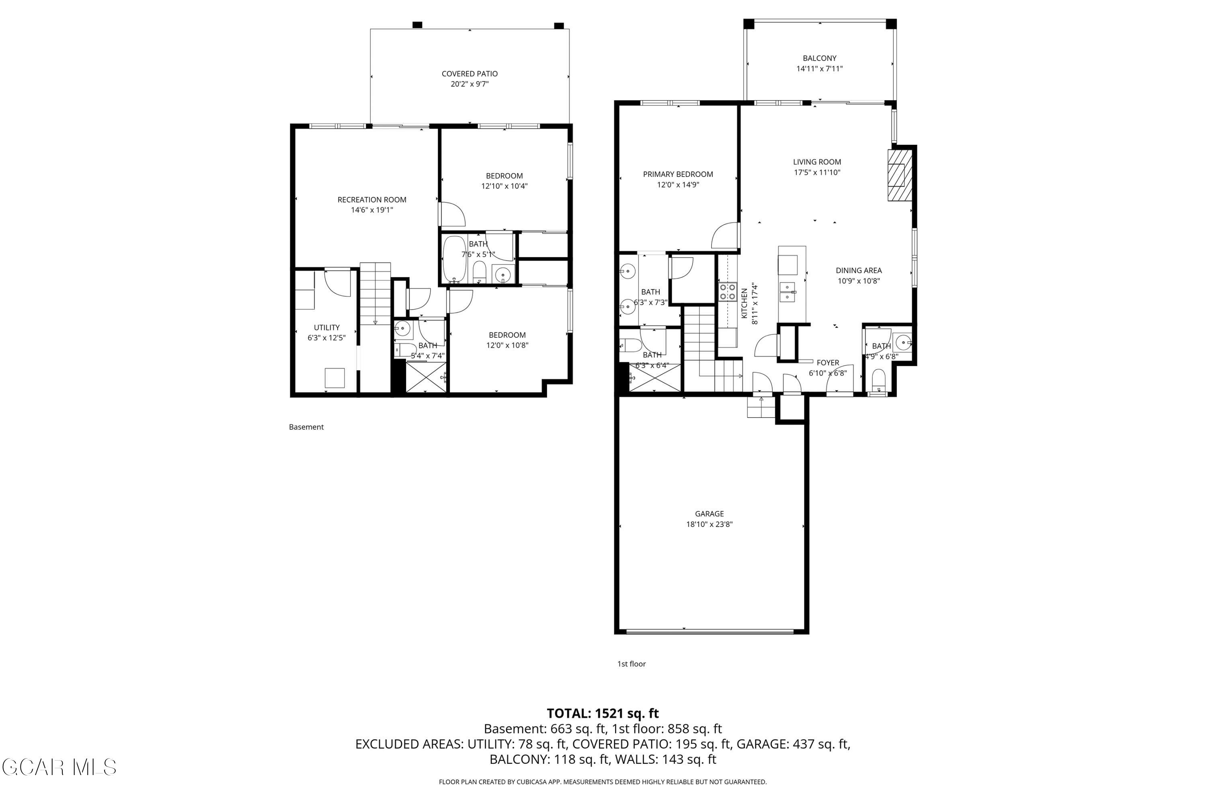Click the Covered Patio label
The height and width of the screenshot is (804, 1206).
coord(470,74)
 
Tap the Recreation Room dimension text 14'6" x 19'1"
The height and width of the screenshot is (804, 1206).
coord(372,210)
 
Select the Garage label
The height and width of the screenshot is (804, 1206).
coord(709,514)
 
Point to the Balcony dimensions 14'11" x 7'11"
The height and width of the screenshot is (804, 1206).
coord(819,69)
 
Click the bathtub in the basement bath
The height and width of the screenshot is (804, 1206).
coord(454,259)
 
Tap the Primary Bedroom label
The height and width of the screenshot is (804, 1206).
coord(678,174)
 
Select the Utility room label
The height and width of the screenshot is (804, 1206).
coord(326,328)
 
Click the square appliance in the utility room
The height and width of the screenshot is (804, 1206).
coord(335,378)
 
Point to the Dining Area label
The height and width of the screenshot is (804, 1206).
coord(858,271)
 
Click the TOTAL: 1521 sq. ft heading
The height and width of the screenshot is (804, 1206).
coord(603,713)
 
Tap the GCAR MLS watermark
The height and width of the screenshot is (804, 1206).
coord(59,767)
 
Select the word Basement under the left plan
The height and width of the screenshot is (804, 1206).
coord(306,427)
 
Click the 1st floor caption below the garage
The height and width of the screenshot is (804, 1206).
coord(631,664)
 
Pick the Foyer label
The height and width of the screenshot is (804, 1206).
coord(828,363)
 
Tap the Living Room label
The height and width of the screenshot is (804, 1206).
coord(817,162)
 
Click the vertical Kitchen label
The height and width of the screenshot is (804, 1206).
coord(745,303)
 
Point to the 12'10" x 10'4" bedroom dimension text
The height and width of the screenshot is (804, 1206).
coord(504,186)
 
